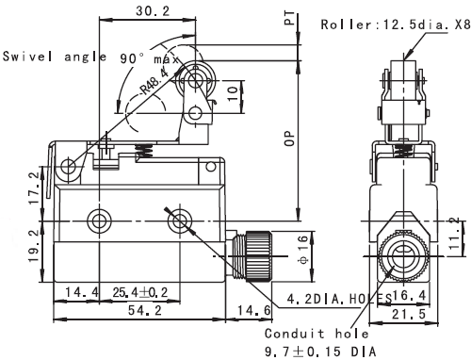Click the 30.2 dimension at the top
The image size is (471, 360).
pyautogui.click(x=153, y=11)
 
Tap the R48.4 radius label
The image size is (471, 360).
pyautogui.click(x=154, y=82)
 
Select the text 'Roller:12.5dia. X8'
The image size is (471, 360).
pyautogui.click(x=396, y=25)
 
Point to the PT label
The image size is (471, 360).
pyautogui.click(x=289, y=18)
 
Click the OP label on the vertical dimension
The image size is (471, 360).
pyautogui.click(x=289, y=139)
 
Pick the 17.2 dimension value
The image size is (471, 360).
pyautogui.click(x=35, y=188)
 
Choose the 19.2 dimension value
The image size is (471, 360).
pyautogui.click(x=35, y=246)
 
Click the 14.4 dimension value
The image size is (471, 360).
pyautogui.click(x=82, y=292)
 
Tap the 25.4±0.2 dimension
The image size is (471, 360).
pyautogui.click(x=140, y=292)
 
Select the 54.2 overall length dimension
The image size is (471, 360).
pyautogui.click(x=145, y=310)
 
